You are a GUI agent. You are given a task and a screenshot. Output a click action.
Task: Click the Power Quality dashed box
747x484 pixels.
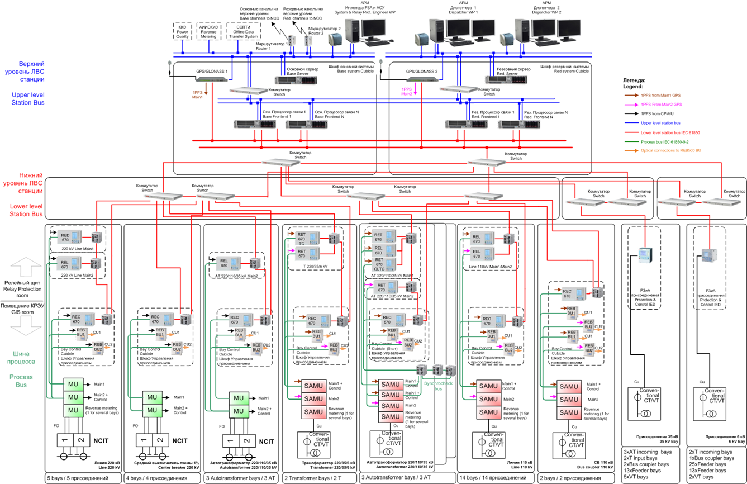[182, 32]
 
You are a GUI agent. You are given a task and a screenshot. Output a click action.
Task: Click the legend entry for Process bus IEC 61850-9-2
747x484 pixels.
[665, 142]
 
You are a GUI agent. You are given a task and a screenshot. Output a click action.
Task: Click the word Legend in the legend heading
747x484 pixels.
[632, 87]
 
